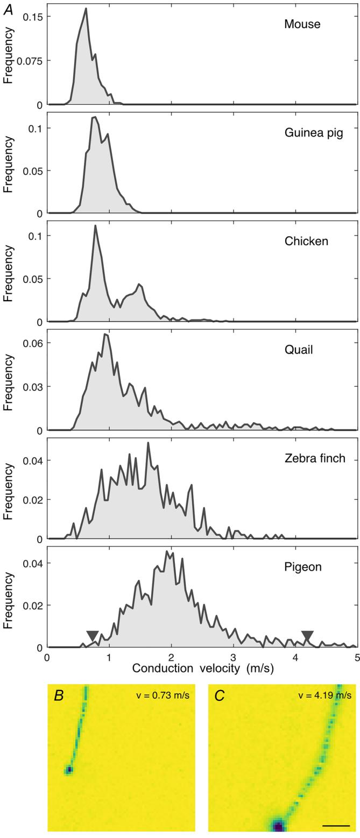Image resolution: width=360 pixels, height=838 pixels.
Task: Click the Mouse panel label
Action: point(302,24)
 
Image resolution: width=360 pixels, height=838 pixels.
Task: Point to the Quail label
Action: point(299,350)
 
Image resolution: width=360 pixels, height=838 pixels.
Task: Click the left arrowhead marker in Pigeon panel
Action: point(93,635)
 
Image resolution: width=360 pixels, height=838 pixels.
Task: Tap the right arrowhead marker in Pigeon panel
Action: point(307,636)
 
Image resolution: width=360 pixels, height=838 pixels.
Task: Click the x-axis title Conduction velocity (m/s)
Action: point(202,668)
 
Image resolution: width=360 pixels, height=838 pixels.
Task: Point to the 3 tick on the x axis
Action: point(233,657)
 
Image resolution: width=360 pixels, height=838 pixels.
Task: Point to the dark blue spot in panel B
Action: point(68,770)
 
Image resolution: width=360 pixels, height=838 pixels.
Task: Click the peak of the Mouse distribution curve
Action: point(86,9)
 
